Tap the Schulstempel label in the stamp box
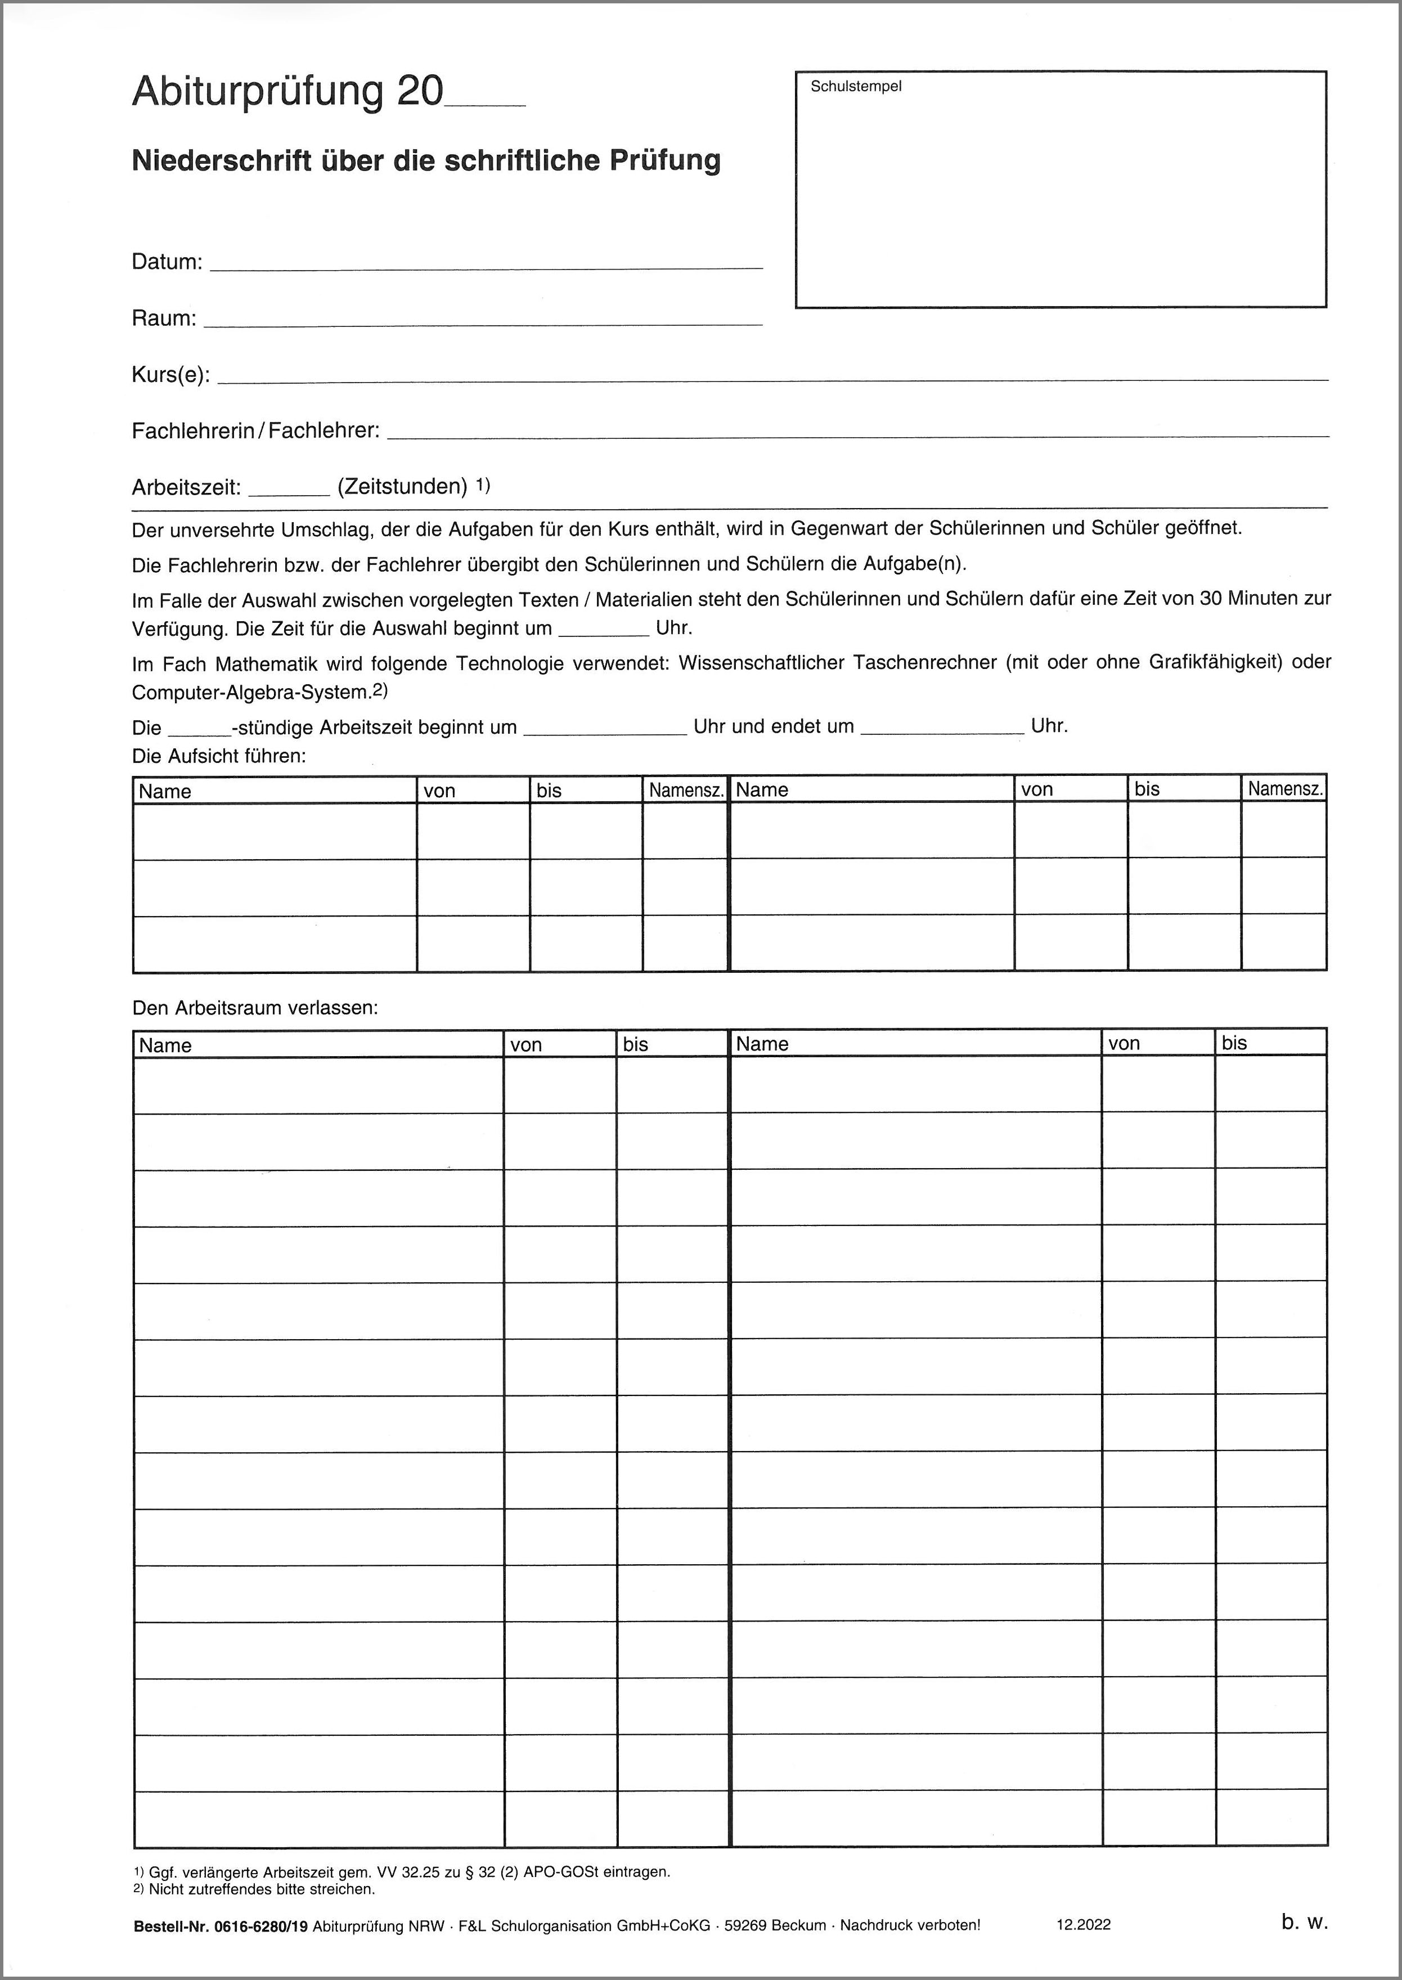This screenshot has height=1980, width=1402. pos(856,86)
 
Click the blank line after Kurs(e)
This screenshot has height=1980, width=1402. pos(772,378)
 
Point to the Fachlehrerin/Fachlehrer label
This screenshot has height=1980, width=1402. pos(255,430)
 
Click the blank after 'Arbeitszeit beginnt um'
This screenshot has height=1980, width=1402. pos(604,730)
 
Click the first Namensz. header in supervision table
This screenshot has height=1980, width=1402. pos(685,790)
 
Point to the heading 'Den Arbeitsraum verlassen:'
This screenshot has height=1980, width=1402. pos(255,1008)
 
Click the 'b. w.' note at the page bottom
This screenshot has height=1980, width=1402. pos(1304,1922)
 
